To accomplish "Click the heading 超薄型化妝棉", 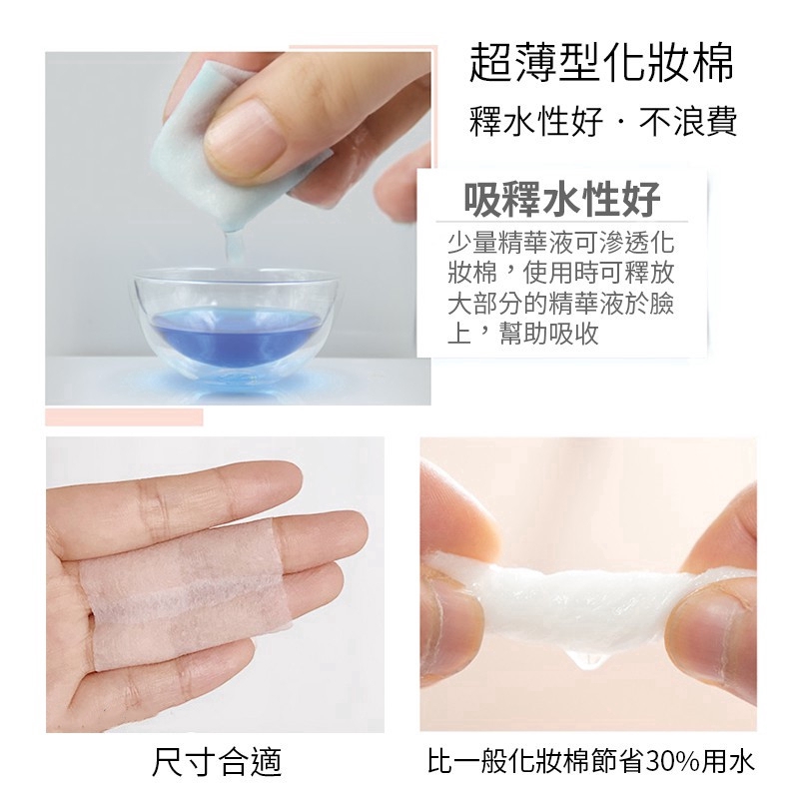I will [602, 63].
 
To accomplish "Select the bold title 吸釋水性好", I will [562, 199].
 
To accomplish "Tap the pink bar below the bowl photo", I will [124, 416].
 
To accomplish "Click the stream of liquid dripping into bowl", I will [229, 250].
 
